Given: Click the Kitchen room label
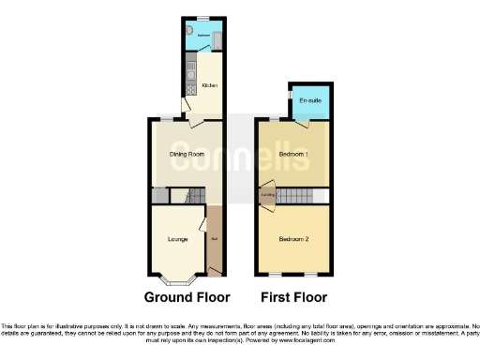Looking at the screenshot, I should point(209,86).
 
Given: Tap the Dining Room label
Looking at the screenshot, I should point(187,154).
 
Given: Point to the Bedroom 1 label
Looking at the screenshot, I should point(293,153).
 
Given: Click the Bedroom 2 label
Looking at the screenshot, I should point(293,239).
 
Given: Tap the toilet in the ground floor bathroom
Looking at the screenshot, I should point(189,31).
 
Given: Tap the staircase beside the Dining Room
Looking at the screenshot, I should point(195,196).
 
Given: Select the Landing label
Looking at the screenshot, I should point(268,195).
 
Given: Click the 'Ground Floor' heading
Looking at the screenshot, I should point(187,297).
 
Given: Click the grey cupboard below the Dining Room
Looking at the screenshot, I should point(160,196).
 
